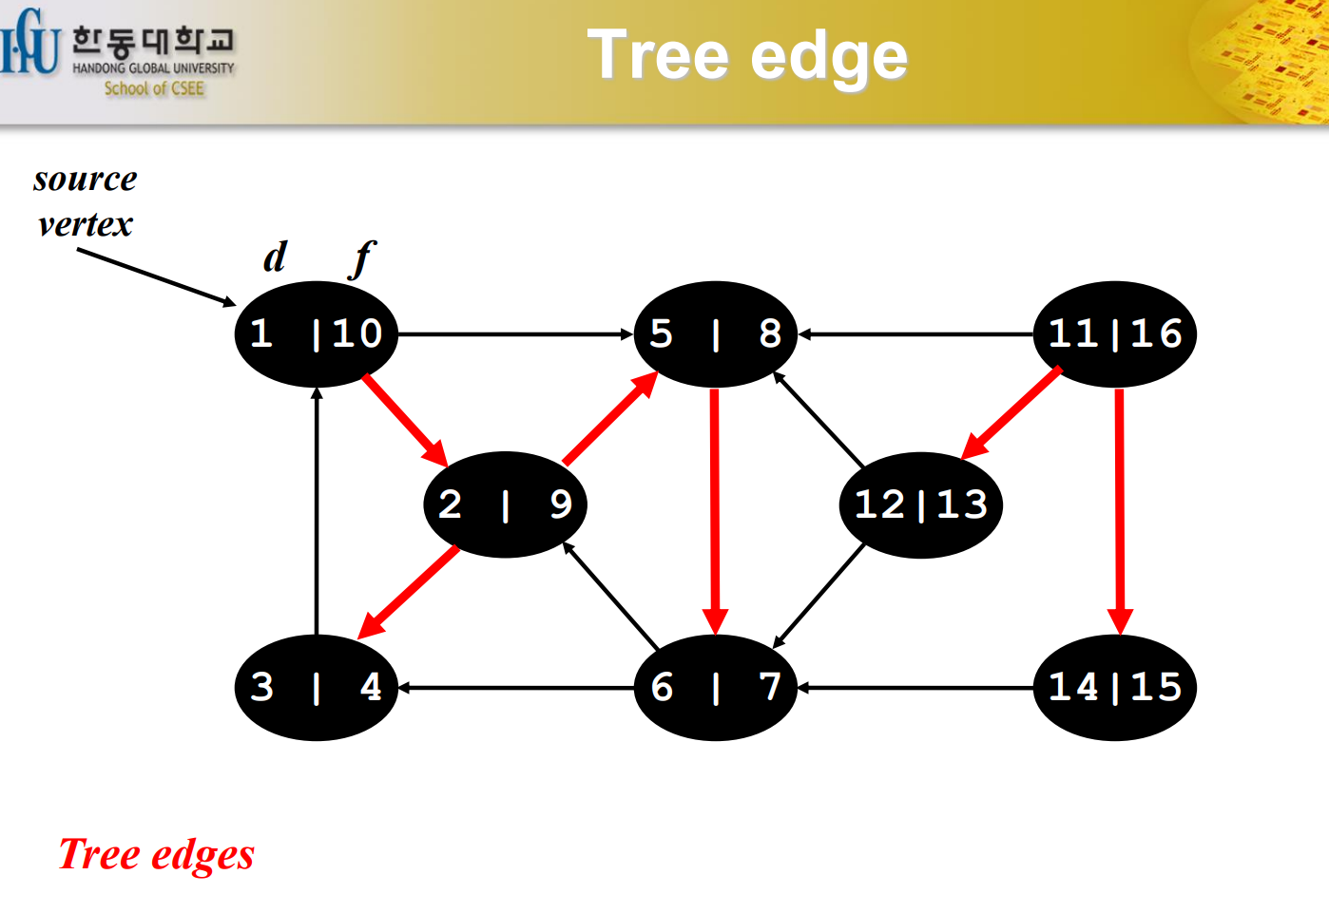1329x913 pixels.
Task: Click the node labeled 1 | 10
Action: [316, 333]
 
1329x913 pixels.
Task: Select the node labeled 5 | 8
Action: [715, 333]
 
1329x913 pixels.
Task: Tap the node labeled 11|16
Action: [1114, 333]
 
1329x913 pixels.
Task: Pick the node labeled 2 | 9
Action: [505, 504]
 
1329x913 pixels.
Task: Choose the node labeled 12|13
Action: [920, 504]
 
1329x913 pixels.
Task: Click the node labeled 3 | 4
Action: [316, 687]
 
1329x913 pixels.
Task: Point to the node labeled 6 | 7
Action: [715, 687]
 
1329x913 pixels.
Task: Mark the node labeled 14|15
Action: [1114, 687]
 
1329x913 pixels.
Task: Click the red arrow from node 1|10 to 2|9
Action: [404, 419]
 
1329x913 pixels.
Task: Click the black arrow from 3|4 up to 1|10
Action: [317, 513]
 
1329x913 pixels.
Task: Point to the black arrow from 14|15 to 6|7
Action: [915, 687]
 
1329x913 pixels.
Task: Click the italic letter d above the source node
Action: [275, 257]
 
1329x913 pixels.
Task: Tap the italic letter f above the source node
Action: [362, 258]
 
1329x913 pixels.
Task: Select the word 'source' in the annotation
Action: [86, 179]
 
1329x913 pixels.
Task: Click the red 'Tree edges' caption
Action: [157, 854]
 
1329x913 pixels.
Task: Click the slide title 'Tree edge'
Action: [747, 56]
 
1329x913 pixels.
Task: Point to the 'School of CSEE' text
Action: [154, 88]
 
